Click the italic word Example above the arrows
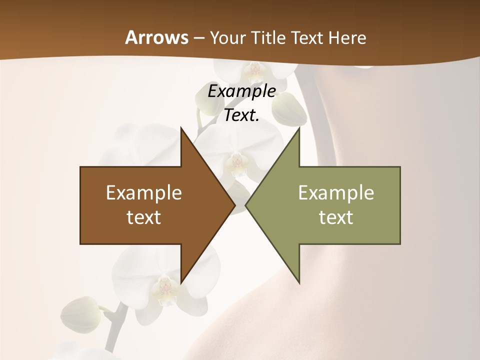(242, 91)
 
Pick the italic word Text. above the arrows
(241, 115)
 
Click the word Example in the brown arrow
(144, 193)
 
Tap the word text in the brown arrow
(144, 217)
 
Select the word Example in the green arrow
(336, 193)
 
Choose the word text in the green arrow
(336, 217)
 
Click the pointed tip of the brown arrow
(235, 205)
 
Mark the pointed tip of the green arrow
(245, 205)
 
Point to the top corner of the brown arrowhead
(181, 128)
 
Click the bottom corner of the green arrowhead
(299, 283)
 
